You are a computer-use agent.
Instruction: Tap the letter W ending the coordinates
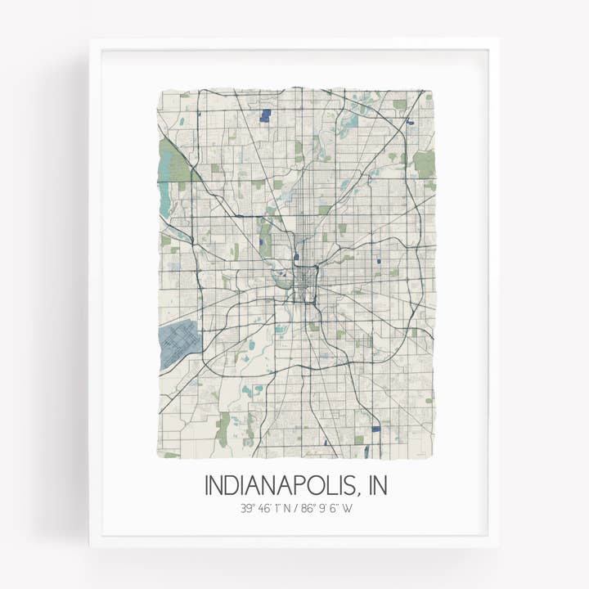pyautogui.click(x=347, y=509)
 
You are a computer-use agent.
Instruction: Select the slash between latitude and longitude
pyautogui.click(x=296, y=509)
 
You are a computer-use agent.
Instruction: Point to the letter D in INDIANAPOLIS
pyautogui.click(x=232, y=485)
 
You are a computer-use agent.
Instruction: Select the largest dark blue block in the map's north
pyautogui.click(x=264, y=116)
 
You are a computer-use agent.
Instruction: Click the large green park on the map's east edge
pyautogui.click(x=424, y=164)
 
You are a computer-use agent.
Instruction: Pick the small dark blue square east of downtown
pyautogui.click(x=380, y=262)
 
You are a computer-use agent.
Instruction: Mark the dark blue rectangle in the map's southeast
pyautogui.click(x=375, y=428)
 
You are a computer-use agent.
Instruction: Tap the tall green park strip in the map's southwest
pyautogui.click(x=223, y=426)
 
